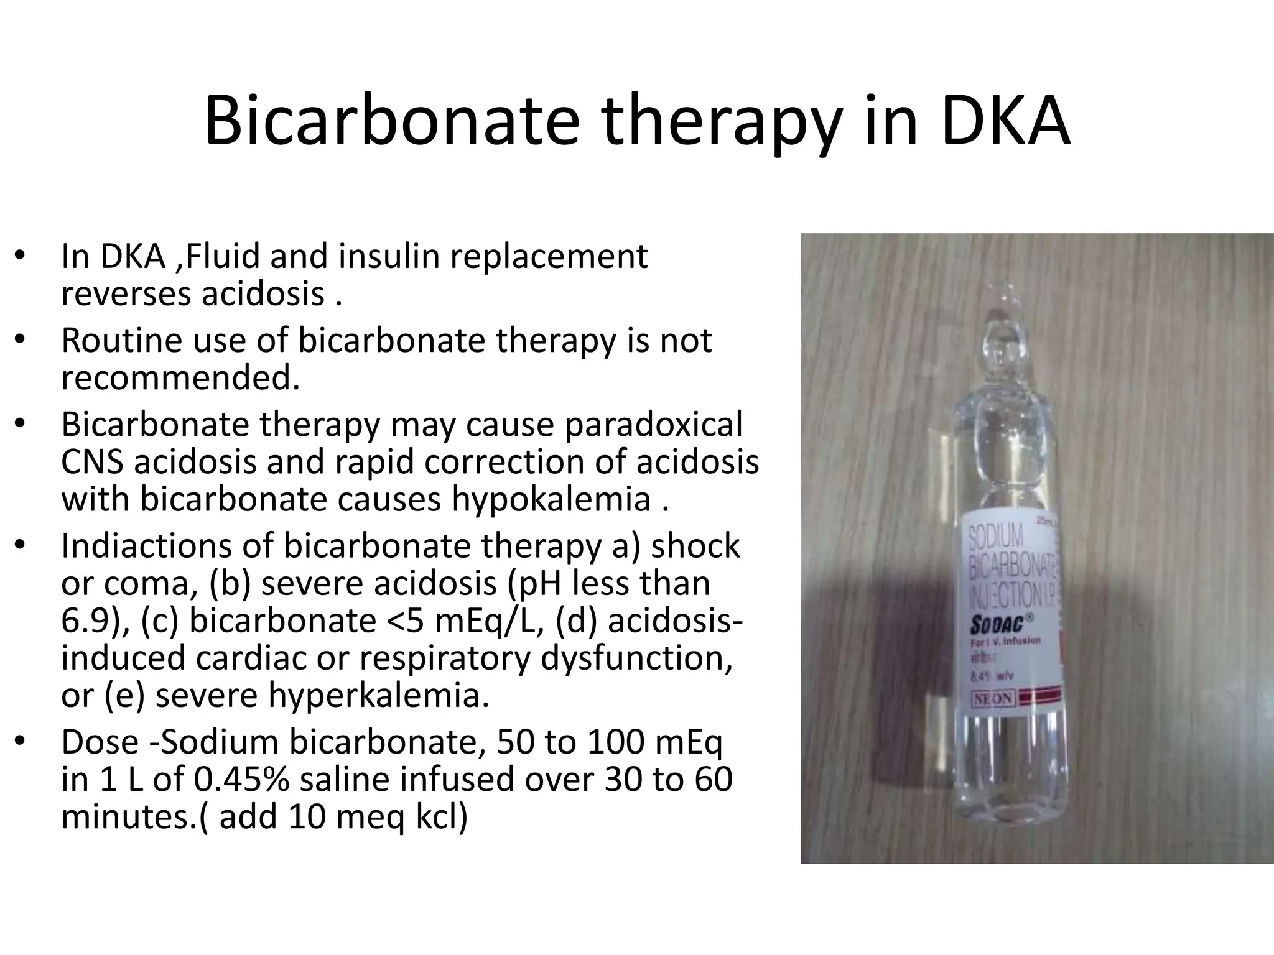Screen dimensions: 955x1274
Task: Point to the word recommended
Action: point(180,377)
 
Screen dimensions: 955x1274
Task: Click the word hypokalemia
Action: point(551,499)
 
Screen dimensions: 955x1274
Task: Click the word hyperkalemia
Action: point(378,695)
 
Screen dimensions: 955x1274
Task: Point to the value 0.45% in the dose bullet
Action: point(241,779)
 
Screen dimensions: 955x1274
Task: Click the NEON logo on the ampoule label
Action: point(993,699)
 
